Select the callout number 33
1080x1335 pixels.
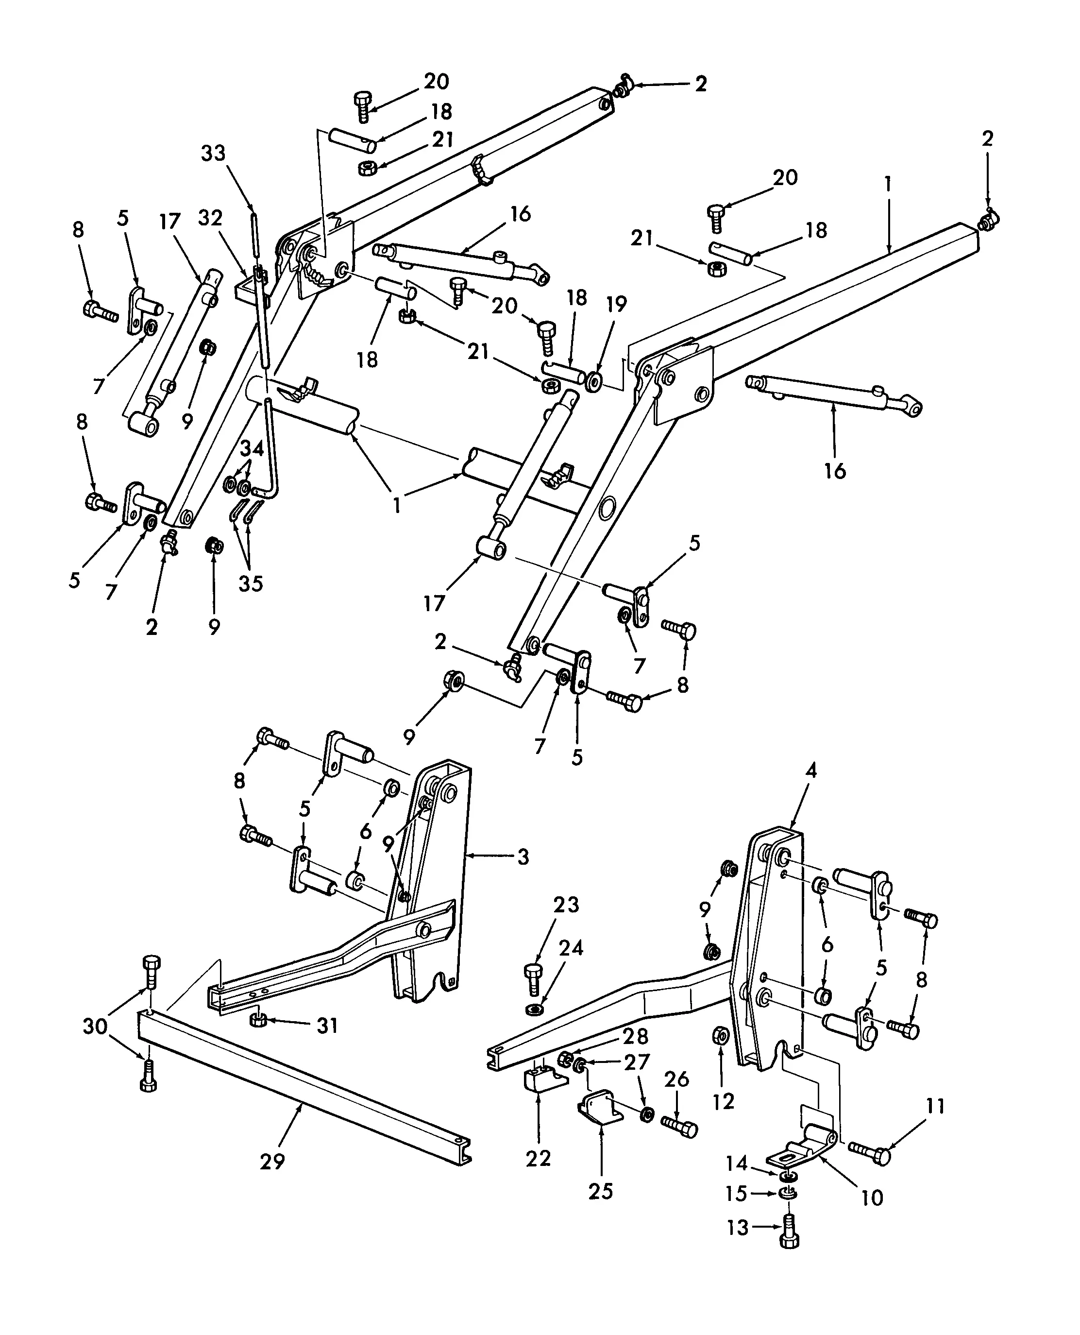(x=213, y=153)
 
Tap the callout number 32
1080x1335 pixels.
(x=210, y=218)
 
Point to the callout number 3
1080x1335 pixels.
(x=523, y=857)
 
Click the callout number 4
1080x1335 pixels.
(x=810, y=770)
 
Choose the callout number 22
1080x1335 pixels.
(x=538, y=1159)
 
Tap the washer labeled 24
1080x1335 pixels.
(x=534, y=1008)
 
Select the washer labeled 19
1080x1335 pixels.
(x=593, y=379)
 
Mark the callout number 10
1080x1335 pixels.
(x=872, y=1198)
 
